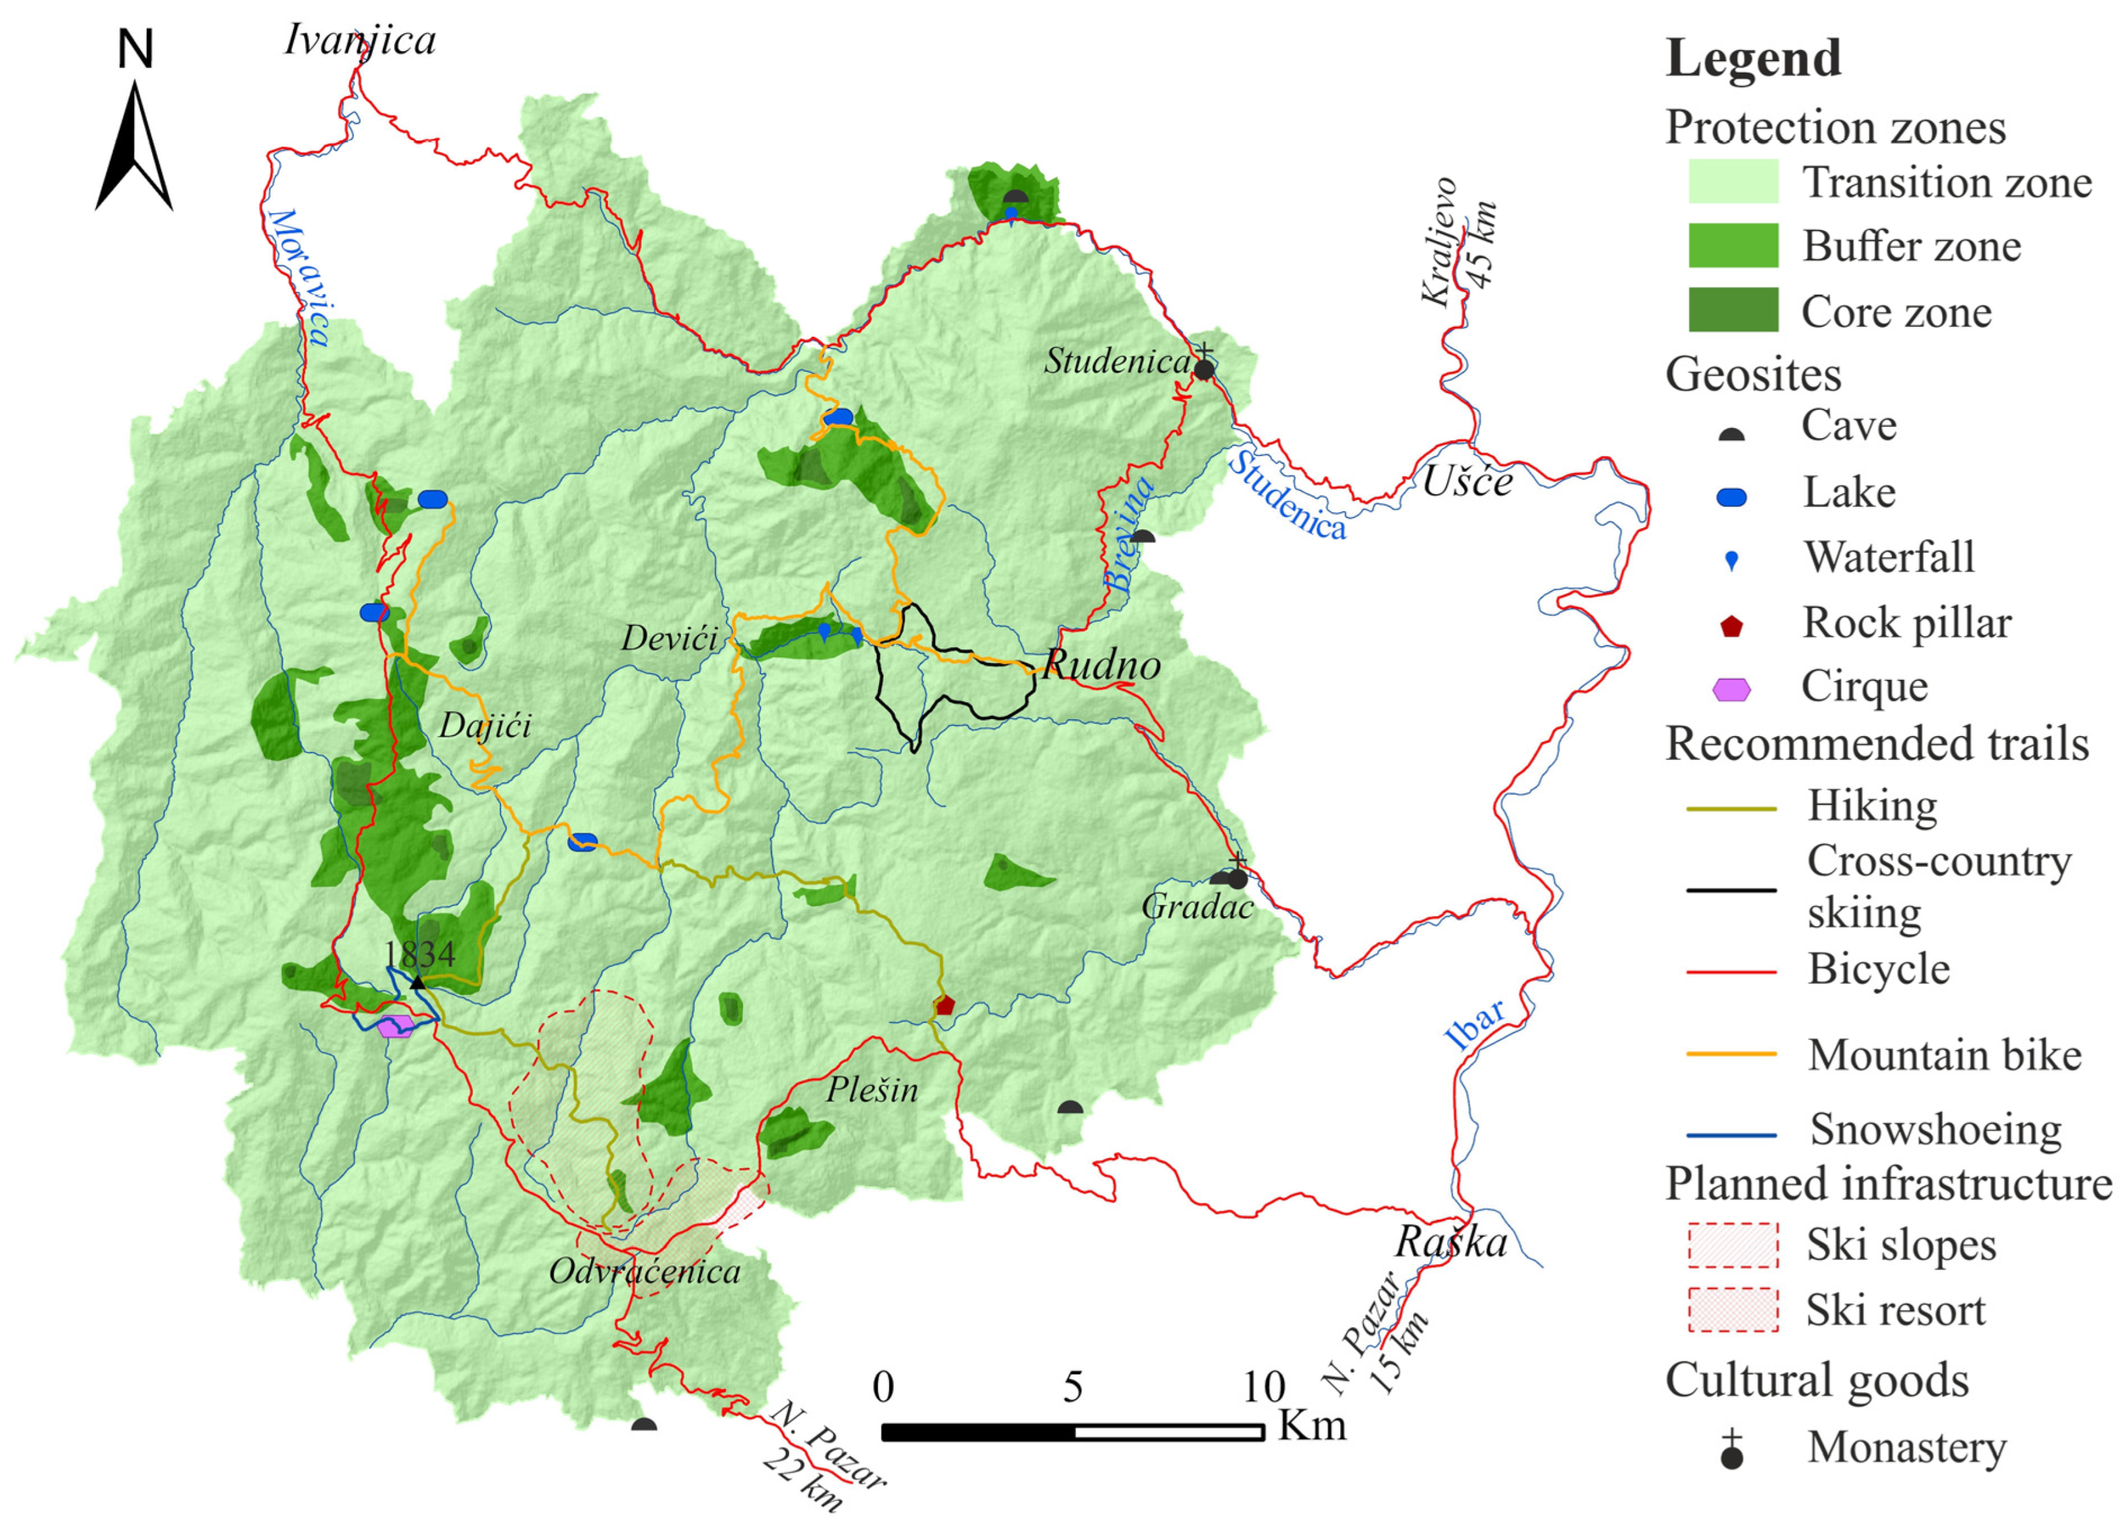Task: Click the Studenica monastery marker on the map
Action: pyautogui.click(x=1204, y=368)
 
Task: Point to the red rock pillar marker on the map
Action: pyautogui.click(x=944, y=1005)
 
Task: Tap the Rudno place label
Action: pyautogui.click(x=1101, y=665)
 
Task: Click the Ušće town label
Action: pyautogui.click(x=1468, y=482)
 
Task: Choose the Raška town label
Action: pyautogui.click(x=1451, y=1243)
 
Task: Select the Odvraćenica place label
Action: pyautogui.click(x=645, y=1272)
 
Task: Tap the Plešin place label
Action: pyautogui.click(x=872, y=1090)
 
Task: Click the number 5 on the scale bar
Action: pyautogui.click(x=1073, y=1387)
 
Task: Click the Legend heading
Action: pyautogui.click(x=1753, y=58)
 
